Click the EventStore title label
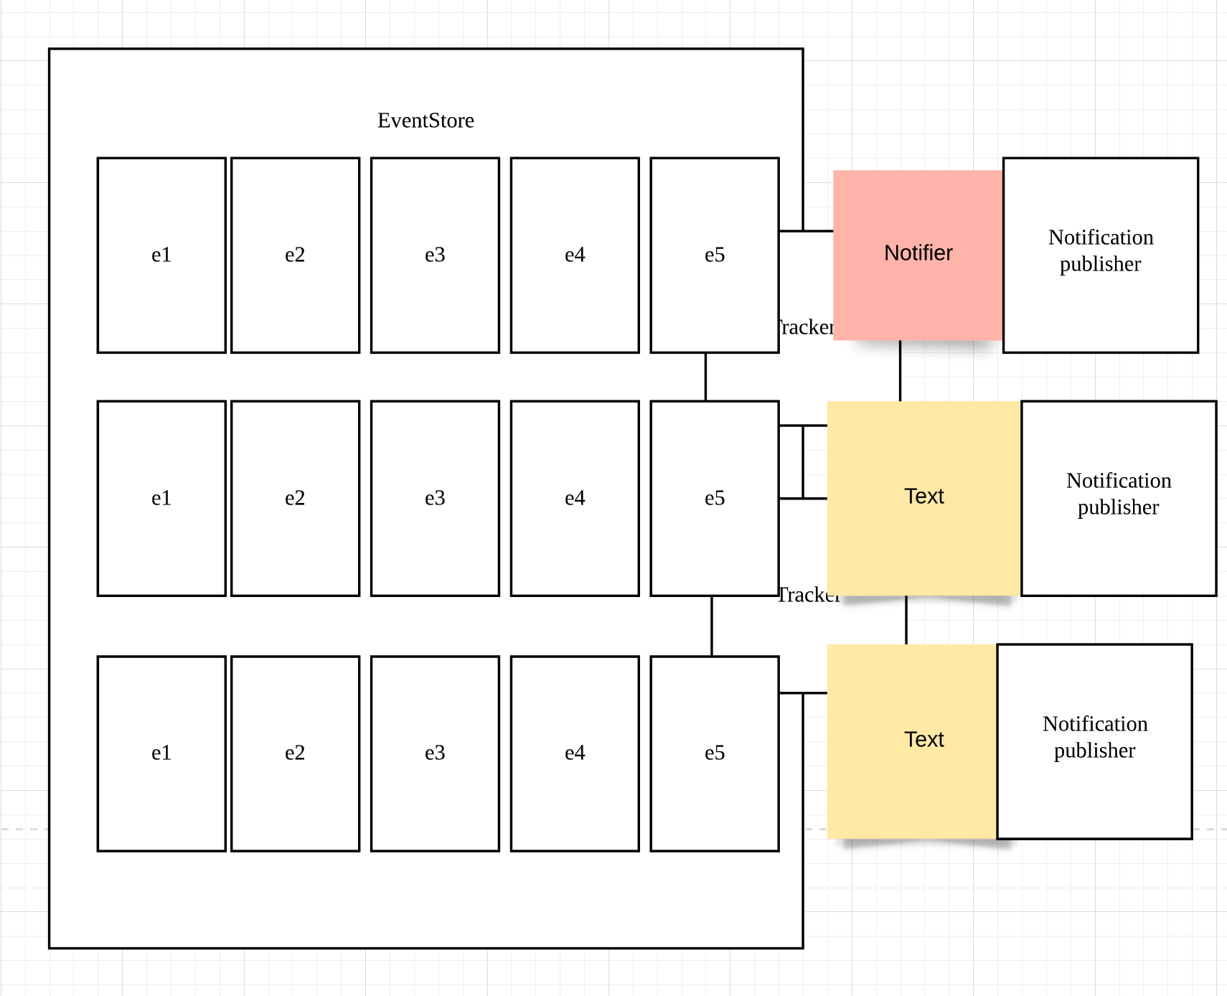426,121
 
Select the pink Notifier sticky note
918,254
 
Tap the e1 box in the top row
161,255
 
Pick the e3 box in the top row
435,255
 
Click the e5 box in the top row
715,255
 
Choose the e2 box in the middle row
295,498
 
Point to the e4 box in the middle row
575,498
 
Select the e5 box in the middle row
715,498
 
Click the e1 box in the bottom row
161,753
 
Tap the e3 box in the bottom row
435,753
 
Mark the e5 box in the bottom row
715,753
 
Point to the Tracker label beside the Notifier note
805,328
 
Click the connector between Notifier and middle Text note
900,371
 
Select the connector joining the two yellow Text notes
906,620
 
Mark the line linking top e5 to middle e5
705,377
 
